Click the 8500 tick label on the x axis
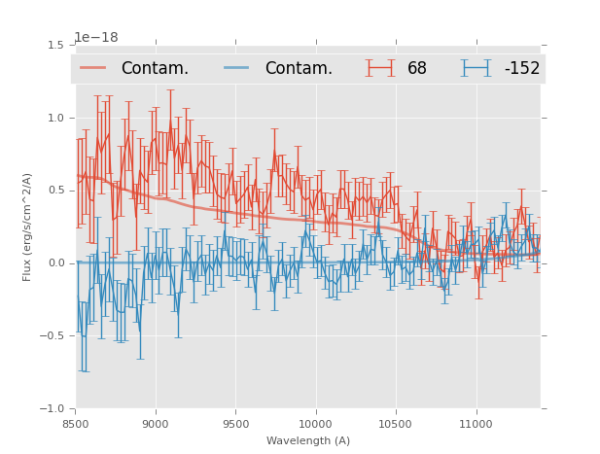76,424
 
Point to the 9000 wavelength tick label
156,424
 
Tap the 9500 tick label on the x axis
235,424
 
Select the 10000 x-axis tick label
315,424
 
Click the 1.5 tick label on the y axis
55,45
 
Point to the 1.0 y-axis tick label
55,118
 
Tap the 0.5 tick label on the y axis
55,191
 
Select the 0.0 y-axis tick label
55,263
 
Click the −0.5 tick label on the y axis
53,336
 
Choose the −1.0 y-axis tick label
53,409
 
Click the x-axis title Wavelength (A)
308,440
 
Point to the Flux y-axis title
28,227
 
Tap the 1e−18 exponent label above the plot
95,38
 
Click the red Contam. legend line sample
93,68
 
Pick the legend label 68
417,69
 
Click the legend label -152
522,69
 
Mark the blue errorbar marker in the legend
476,68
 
